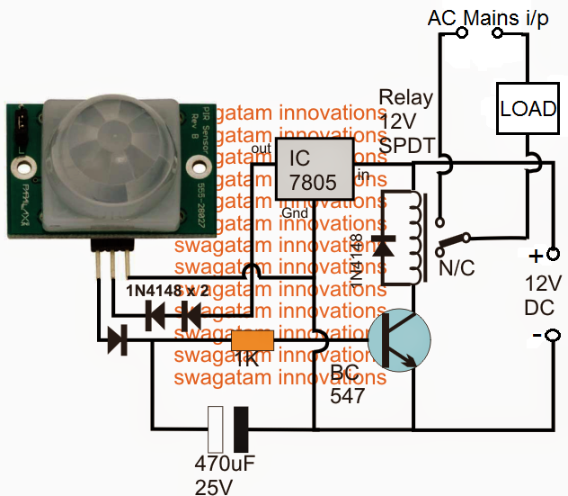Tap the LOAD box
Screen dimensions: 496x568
[528, 109]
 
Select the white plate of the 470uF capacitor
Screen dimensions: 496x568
[216, 429]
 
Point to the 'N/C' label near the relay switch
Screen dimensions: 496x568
[456, 268]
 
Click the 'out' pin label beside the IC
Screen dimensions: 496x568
[262, 149]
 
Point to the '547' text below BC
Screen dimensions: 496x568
[347, 394]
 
